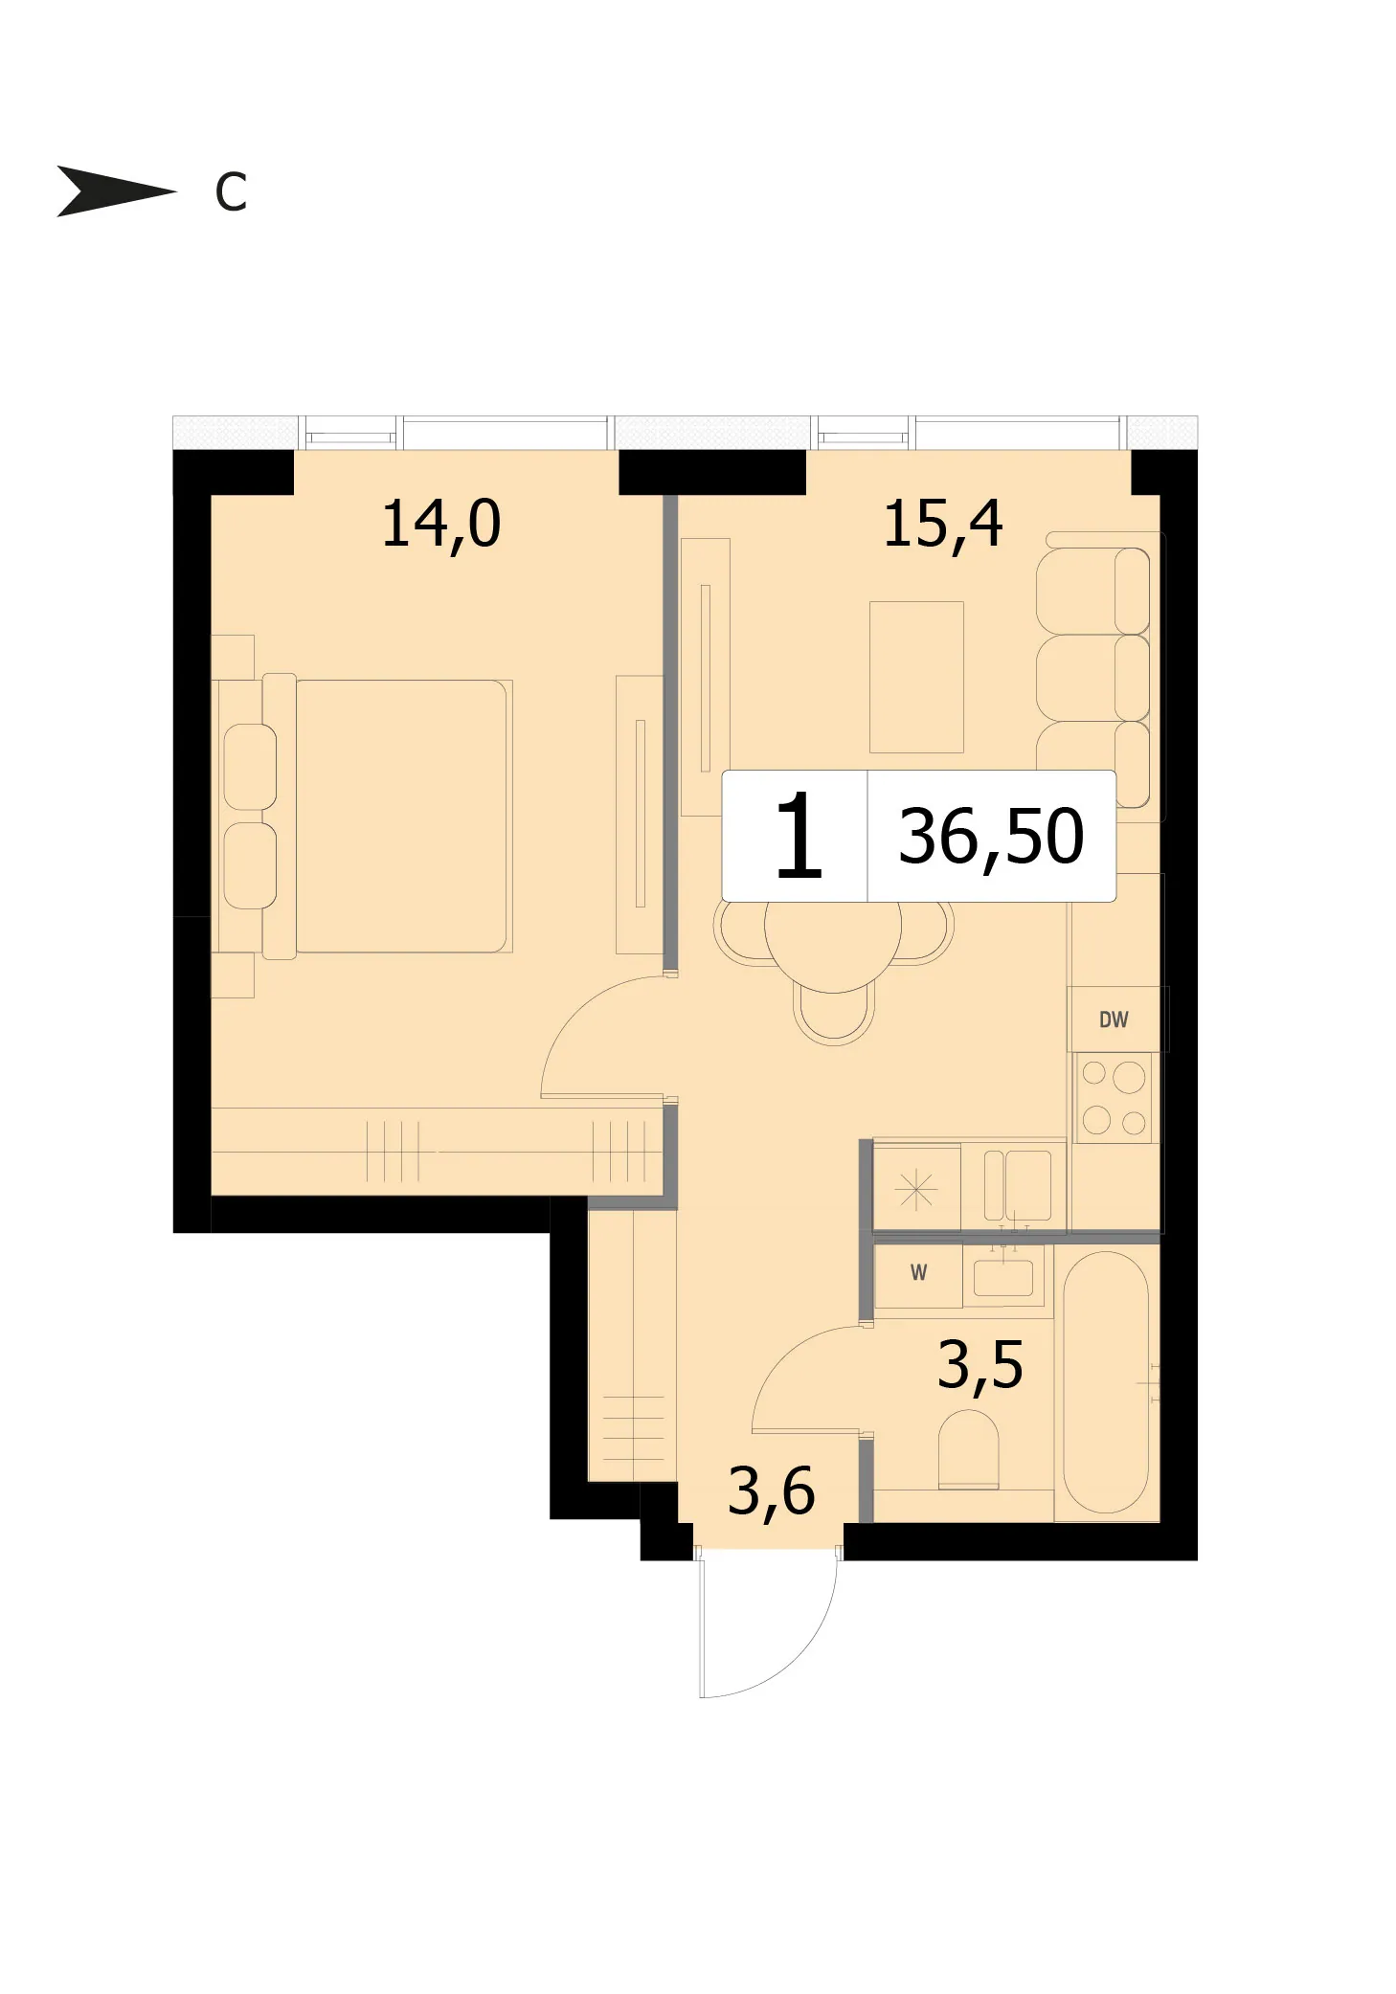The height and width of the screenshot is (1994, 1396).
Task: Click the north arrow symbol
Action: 115,190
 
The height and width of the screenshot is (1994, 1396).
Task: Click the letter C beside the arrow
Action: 231,192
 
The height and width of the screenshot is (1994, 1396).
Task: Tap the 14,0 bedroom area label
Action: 440,525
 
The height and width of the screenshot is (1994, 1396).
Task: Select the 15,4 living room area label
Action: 942,525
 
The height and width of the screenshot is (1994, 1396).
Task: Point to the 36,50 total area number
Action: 991,837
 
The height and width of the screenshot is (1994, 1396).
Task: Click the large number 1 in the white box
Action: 798,836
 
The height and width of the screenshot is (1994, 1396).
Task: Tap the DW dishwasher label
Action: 1114,1019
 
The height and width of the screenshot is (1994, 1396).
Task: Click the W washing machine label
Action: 918,1272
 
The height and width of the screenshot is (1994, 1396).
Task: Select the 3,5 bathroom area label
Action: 979,1365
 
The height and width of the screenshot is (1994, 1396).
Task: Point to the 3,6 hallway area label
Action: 771,1491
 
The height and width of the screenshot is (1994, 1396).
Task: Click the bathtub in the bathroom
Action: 1106,1382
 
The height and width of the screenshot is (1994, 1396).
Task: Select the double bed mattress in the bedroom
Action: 401,816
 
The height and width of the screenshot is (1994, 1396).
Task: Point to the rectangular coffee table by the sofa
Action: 916,677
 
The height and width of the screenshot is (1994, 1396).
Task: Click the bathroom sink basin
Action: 1003,1277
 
